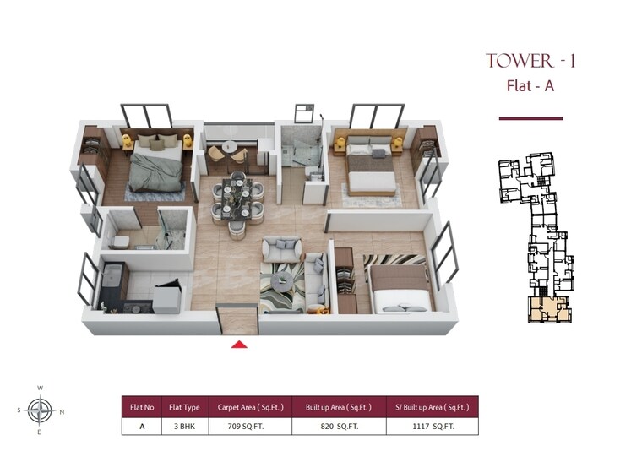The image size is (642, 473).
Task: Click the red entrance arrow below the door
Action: tap(239, 344)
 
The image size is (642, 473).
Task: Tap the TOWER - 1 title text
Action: tap(530, 62)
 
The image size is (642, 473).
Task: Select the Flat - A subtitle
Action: tap(530, 85)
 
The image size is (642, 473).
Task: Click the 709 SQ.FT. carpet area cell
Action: tap(244, 426)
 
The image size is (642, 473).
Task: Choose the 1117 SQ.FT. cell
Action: tap(432, 426)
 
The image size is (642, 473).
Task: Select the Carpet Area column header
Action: tap(244, 406)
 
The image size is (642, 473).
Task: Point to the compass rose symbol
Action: tap(40, 410)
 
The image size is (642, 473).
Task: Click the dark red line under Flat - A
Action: tap(530, 118)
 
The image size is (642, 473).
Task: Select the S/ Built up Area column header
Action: tap(432, 406)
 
